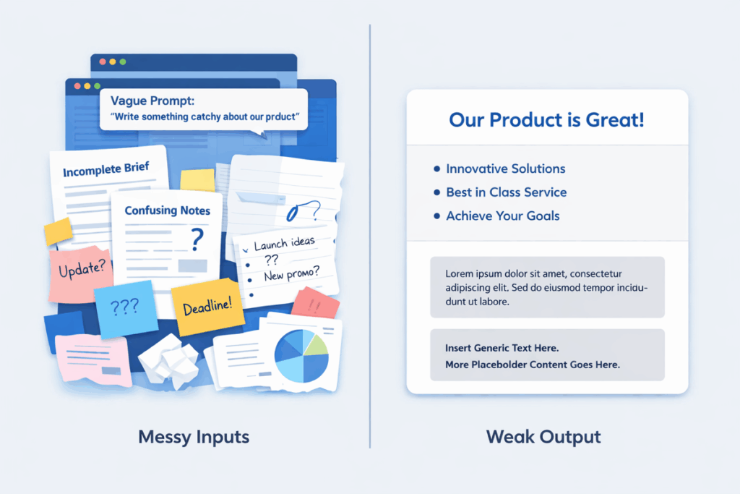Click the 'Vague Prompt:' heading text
coord(152,101)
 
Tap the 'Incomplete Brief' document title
coord(106,169)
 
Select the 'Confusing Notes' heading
coord(167,210)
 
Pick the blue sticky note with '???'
coord(126,309)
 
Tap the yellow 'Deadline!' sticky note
coord(207,307)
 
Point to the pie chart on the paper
coord(301,355)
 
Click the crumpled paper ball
coord(168,360)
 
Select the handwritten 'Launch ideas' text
coord(284,244)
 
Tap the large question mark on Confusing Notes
coord(197,239)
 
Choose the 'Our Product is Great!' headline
coord(546,120)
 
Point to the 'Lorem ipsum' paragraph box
coord(548,287)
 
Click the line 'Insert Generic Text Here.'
coord(502,348)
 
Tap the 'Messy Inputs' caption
coord(194,437)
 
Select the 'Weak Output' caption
coord(543,437)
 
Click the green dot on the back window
coord(123,62)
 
